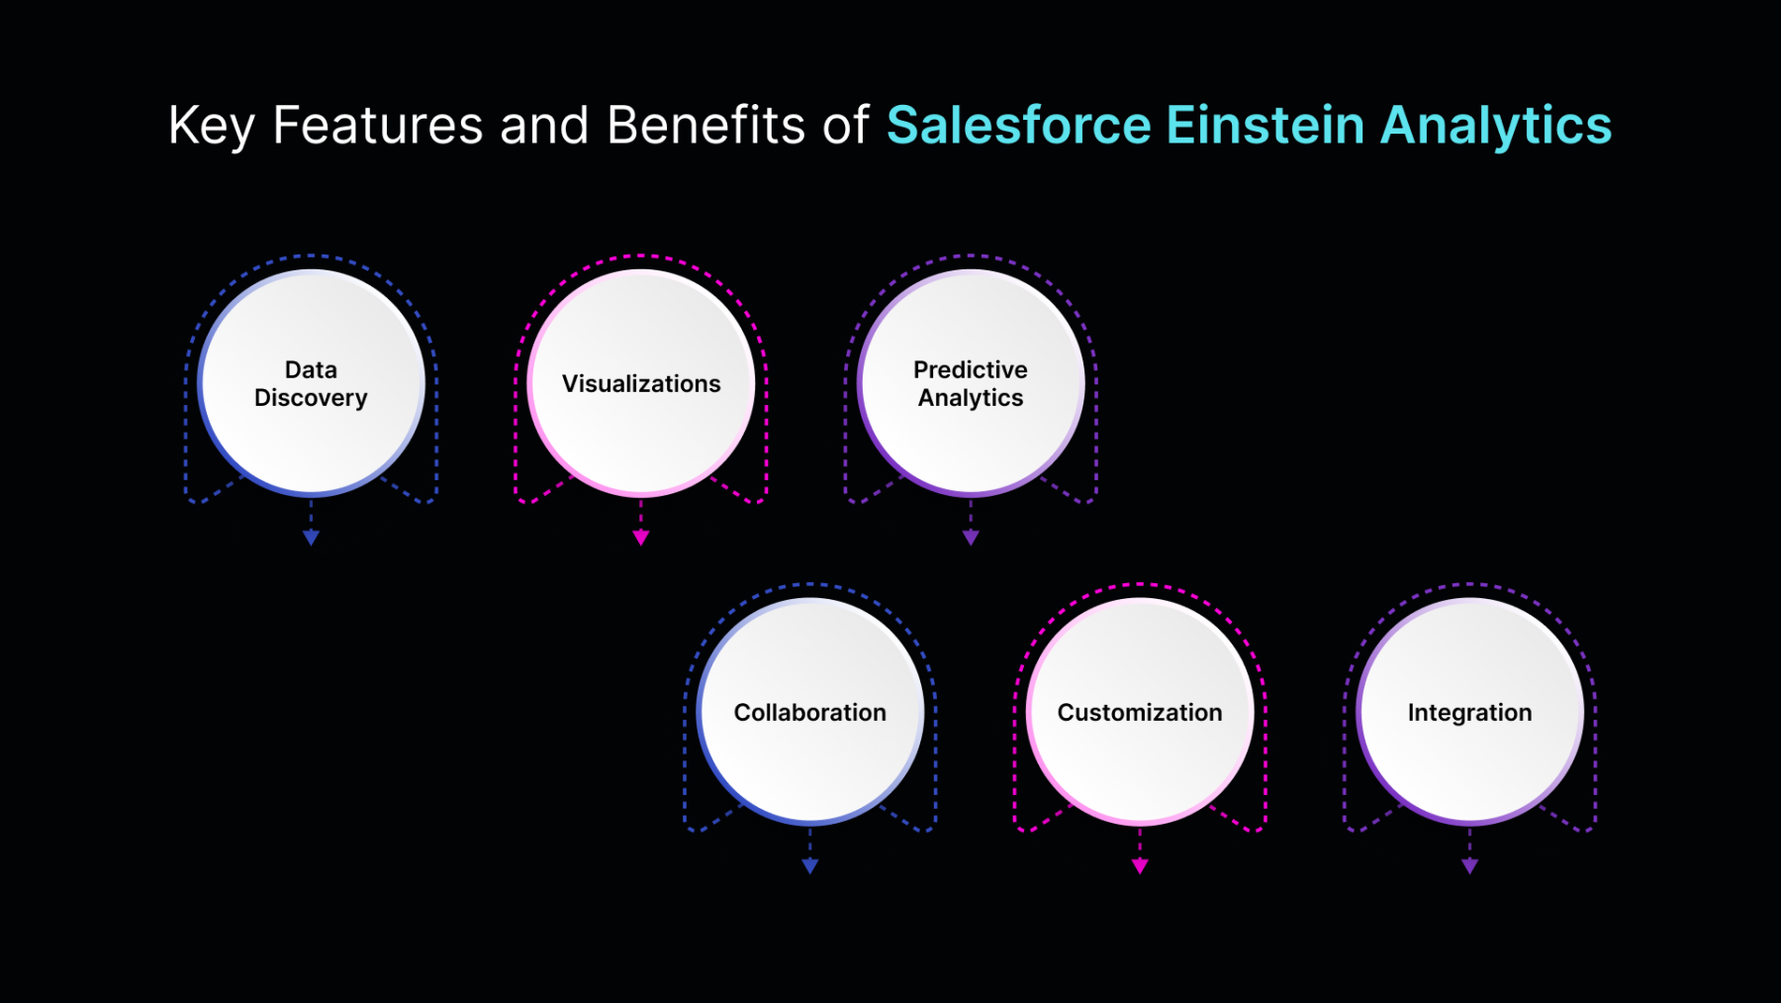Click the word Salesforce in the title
click(1019, 126)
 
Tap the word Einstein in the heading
click(1265, 126)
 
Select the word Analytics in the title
click(1496, 126)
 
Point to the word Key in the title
click(212, 126)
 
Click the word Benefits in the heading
click(705, 126)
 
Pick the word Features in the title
click(378, 126)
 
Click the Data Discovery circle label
click(311, 383)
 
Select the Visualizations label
click(641, 383)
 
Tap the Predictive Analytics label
click(971, 383)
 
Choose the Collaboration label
click(810, 712)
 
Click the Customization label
click(1140, 712)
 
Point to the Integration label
click(1469, 712)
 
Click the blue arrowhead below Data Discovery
click(311, 538)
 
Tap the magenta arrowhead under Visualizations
click(641, 538)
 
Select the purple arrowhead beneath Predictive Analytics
click(971, 538)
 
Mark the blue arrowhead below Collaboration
click(810, 866)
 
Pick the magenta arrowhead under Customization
click(1140, 866)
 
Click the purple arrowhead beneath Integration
click(1469, 866)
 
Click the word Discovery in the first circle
click(311, 398)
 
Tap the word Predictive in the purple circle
click(971, 369)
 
